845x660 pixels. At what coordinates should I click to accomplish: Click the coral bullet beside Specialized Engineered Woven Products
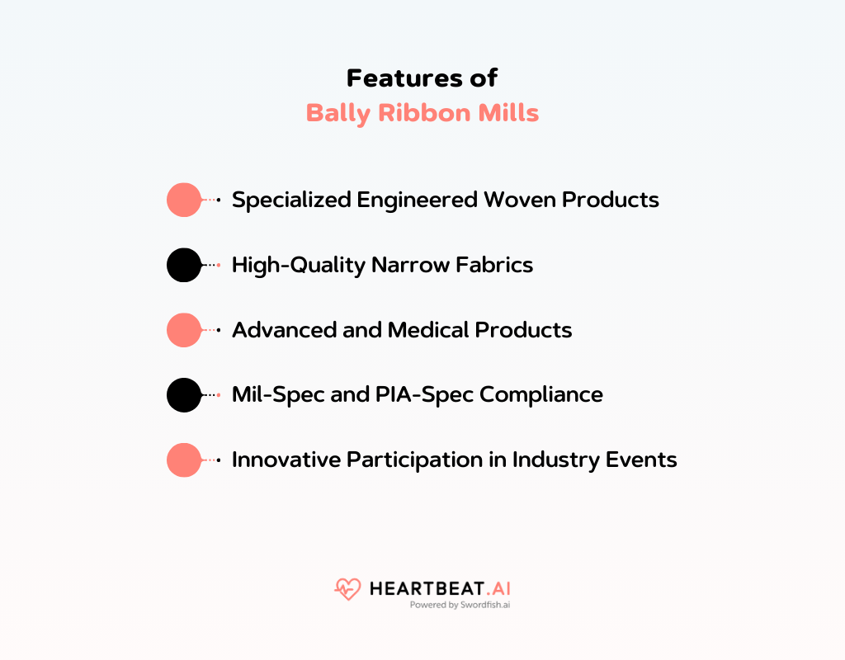pyautogui.click(x=184, y=200)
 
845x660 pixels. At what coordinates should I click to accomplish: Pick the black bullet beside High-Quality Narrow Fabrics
pyautogui.click(x=184, y=265)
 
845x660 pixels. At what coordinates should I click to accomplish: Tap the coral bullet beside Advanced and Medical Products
pyautogui.click(x=184, y=330)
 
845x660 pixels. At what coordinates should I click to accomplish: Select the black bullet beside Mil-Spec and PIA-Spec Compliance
pyautogui.click(x=184, y=395)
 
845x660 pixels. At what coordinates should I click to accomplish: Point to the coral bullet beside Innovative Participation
pyautogui.click(x=184, y=460)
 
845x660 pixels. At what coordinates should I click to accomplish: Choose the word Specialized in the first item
pyautogui.click(x=291, y=200)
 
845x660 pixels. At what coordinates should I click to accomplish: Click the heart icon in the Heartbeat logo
pyautogui.click(x=347, y=589)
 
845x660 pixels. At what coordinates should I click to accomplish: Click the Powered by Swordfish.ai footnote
pyautogui.click(x=460, y=605)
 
